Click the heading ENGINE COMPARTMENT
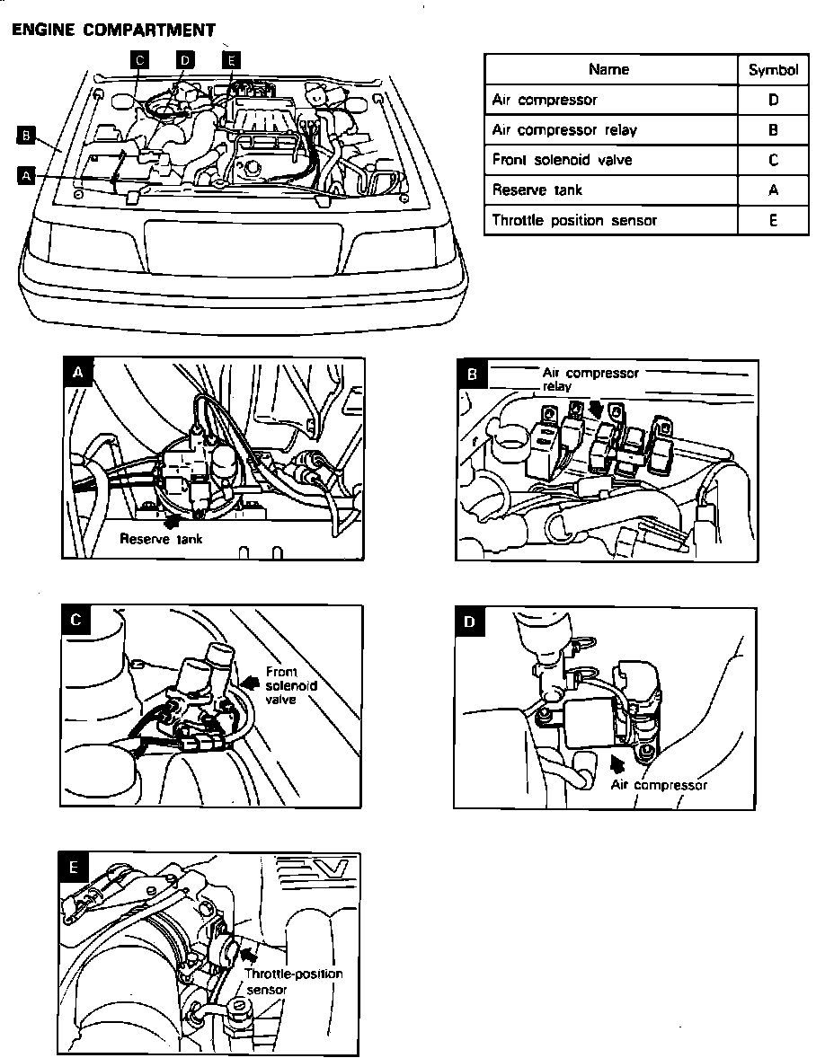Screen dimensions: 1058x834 112,30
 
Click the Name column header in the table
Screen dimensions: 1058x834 608,69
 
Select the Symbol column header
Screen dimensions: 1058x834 773,70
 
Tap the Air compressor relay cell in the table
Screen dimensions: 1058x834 564,130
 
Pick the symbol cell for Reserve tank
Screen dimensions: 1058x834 773,190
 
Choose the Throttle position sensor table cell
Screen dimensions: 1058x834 574,220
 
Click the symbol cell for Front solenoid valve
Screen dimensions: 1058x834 773,160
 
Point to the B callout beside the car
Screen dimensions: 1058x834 25,136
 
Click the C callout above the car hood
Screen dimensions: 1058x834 139,60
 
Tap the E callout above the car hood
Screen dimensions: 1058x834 231,60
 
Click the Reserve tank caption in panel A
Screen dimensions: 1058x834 161,539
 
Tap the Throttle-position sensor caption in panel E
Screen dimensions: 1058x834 293,981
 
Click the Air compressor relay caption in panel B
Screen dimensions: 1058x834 589,379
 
